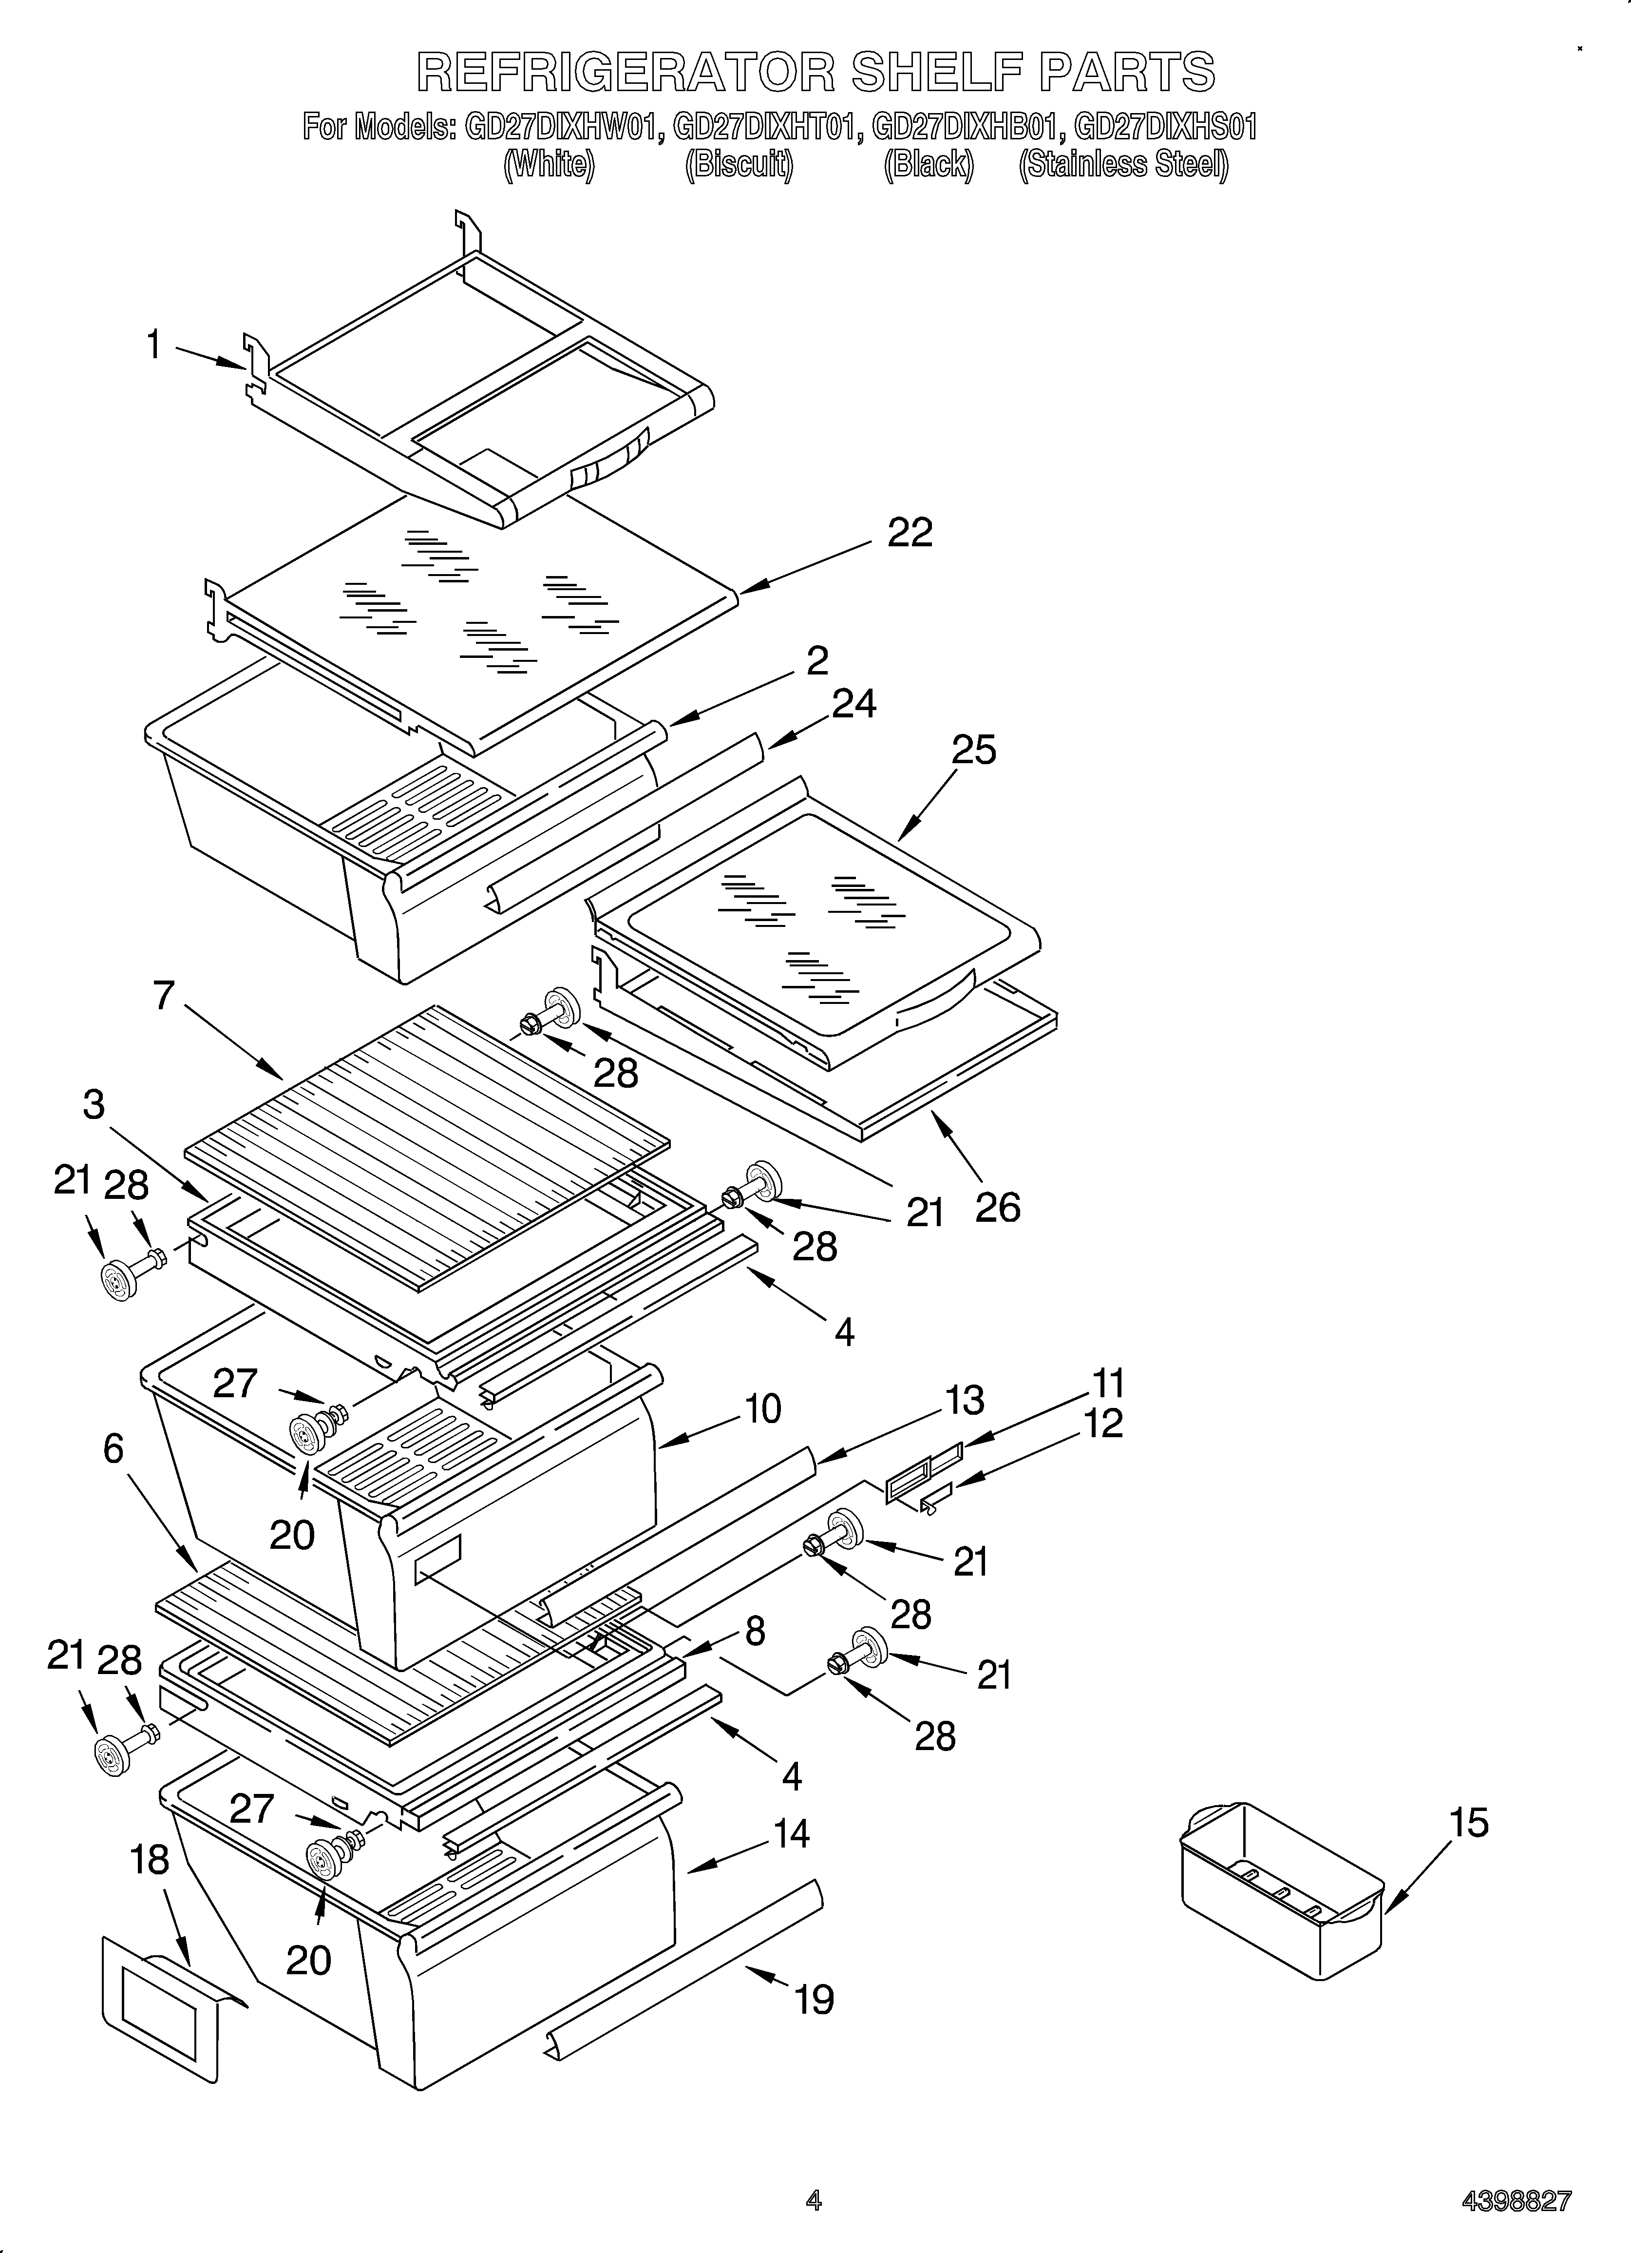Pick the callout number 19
tap(815, 1999)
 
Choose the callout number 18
tap(150, 1860)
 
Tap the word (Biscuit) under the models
tap(739, 164)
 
